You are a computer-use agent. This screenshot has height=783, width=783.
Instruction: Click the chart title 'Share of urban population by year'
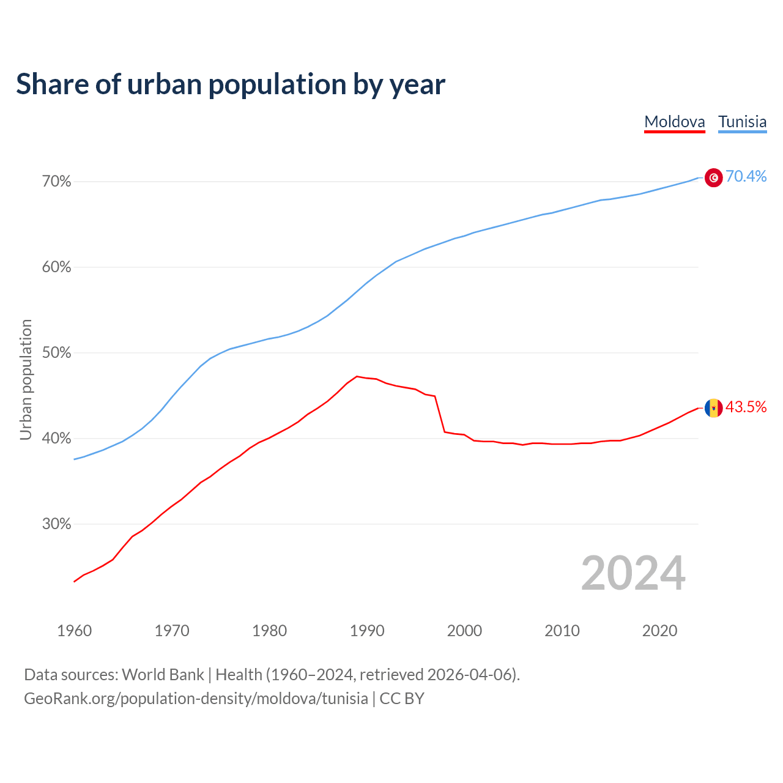coord(231,84)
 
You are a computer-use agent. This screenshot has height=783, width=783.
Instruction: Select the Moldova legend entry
coord(675,122)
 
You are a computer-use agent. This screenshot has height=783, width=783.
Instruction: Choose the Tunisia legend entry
coord(742,122)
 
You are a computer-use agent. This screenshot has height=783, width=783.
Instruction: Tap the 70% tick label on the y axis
coord(57,182)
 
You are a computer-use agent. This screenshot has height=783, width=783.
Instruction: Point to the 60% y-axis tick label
coord(57,267)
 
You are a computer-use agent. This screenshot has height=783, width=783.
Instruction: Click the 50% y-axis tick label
coord(57,353)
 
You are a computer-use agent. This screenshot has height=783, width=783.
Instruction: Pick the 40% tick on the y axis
coord(57,439)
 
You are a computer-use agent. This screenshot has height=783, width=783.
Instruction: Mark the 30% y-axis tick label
coord(57,524)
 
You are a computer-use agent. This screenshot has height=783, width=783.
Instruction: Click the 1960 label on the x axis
coord(74,631)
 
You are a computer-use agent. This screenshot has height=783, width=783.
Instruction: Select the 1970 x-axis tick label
coord(172,631)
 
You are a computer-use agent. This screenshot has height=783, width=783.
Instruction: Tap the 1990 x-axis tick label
coord(367,631)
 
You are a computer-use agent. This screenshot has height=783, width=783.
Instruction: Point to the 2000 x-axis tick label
coord(464,631)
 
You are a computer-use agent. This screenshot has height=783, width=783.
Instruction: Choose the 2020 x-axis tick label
coord(659,631)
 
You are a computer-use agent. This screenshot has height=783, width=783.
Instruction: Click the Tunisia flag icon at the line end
coord(713,177)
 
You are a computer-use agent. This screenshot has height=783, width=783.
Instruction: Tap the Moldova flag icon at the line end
coord(713,408)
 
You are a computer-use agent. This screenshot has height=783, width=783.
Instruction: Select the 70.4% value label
coord(746,177)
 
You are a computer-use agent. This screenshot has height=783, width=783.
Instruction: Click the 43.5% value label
coord(746,407)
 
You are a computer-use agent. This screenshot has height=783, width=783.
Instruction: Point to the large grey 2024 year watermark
coord(633,573)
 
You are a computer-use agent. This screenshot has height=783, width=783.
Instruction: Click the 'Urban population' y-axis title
coord(26,379)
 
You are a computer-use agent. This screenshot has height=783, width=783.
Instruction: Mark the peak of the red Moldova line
coord(357,376)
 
